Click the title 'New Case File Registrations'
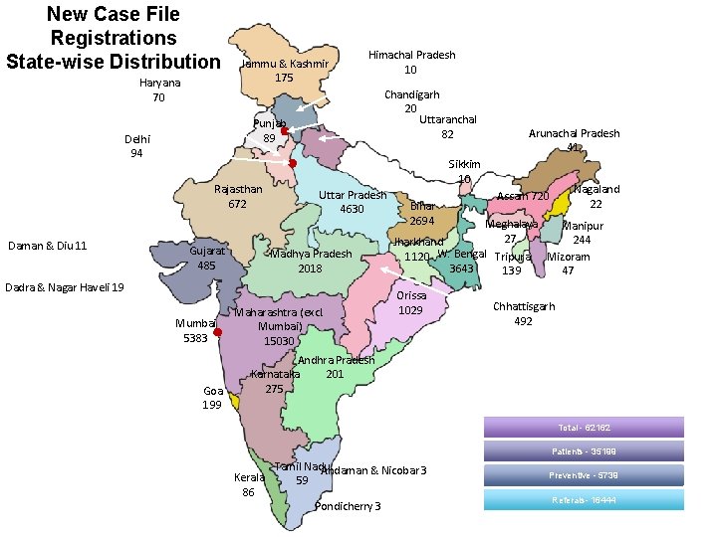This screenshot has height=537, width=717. pos(113,38)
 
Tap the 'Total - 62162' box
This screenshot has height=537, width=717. pos(584,428)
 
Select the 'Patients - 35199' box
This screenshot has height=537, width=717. pos(584,451)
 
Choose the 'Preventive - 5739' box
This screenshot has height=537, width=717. pos(584,475)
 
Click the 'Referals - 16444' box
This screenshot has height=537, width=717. pos(584,499)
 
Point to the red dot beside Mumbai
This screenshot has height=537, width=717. pos(217,333)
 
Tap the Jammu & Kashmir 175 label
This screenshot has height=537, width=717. pos(284,71)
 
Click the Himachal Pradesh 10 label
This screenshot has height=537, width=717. pos(411,63)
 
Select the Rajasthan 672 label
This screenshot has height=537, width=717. pos(238,197)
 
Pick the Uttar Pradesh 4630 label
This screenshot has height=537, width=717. pos(352,202)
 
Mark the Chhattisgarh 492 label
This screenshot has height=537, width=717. pos(523,314)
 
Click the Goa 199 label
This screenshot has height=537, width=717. pos(212,398)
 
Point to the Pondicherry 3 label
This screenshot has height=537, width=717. pos(347,506)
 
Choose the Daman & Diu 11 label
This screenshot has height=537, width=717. pos(47,246)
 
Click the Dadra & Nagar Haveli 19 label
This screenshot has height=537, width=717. pos(65,287)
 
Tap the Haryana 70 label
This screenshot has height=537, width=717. pos(159,90)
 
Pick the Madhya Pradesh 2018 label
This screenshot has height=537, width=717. pos(311,261)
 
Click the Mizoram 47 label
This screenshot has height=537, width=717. pos(568,264)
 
